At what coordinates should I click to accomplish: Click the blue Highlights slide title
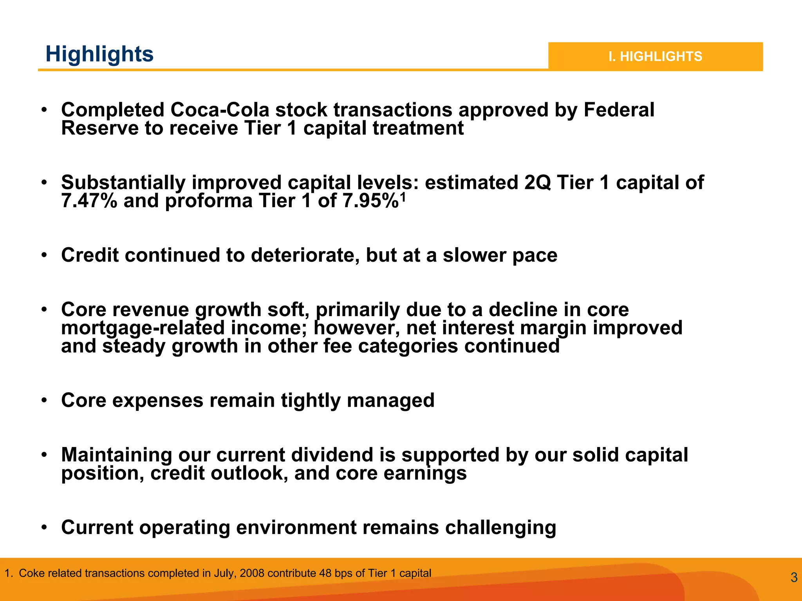99,54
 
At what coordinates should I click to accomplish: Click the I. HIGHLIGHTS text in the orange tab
655,56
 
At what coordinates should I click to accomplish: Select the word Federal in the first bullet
619,110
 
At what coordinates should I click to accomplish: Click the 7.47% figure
89,201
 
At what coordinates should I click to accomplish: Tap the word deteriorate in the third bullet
305,255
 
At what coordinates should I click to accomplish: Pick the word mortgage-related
143,328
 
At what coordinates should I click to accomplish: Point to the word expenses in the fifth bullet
158,400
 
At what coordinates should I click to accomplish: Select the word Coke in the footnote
29,573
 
